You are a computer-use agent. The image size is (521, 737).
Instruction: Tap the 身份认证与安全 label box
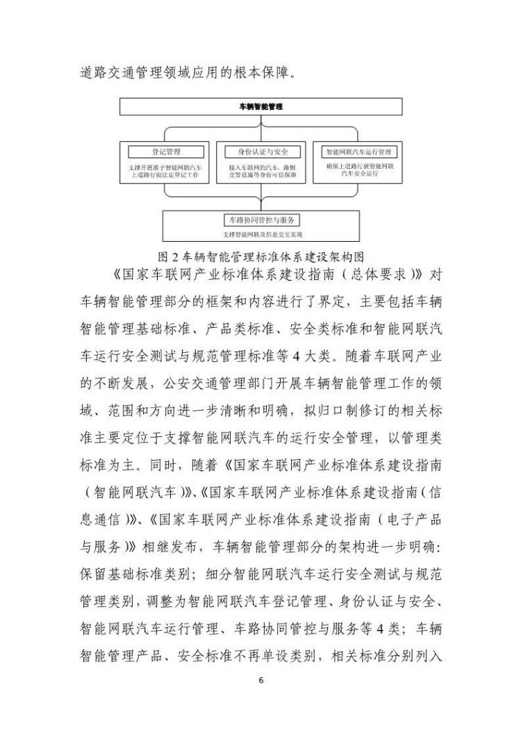pyautogui.click(x=260, y=151)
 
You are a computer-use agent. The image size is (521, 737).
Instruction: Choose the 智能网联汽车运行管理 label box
pyautogui.click(x=358, y=151)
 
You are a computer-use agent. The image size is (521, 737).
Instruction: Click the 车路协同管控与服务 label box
pyautogui.click(x=260, y=220)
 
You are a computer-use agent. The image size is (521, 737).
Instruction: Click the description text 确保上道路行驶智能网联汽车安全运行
pyautogui.click(x=358, y=171)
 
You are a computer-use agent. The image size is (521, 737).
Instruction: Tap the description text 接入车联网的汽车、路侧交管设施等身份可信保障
pyautogui.click(x=260, y=172)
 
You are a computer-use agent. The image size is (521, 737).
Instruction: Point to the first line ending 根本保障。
pyautogui.click(x=188, y=72)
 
